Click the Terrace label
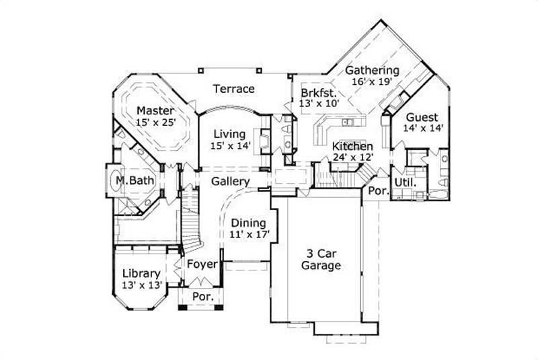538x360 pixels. (x=234, y=89)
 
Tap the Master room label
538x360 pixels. (x=155, y=111)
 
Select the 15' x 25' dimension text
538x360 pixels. (x=155, y=123)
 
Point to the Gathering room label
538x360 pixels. (x=372, y=70)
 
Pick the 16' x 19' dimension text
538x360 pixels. (x=372, y=81)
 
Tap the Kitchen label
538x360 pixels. (x=352, y=146)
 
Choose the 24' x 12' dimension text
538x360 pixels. (x=352, y=157)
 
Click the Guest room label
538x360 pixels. (x=422, y=116)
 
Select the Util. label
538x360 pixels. (x=406, y=182)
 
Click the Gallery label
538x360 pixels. (x=231, y=182)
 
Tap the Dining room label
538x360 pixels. (x=248, y=223)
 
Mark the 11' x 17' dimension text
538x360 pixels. (x=248, y=235)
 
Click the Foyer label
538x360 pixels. (x=202, y=264)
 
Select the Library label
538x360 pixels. (x=141, y=273)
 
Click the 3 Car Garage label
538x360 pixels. (x=321, y=259)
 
